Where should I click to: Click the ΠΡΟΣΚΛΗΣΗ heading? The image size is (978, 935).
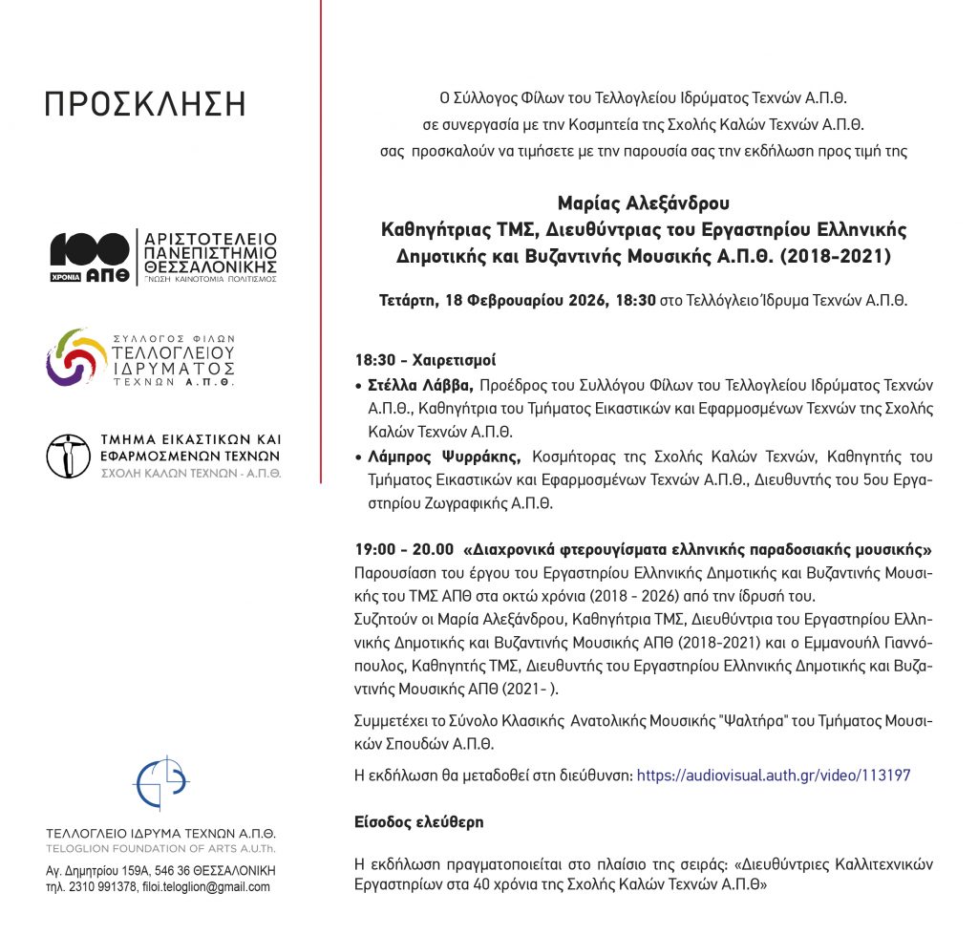(145, 104)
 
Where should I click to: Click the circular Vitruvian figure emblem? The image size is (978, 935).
(68, 456)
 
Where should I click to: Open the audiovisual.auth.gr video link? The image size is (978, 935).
(773, 776)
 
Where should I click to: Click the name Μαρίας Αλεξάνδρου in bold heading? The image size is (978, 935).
(643, 203)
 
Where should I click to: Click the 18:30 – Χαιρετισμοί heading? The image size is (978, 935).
(425, 361)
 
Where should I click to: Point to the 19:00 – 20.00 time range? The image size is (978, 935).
(404, 550)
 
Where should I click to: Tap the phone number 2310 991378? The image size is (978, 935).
(106, 886)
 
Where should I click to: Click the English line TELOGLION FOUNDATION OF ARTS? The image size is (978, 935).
(160, 849)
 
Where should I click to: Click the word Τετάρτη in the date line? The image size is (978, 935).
(407, 300)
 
